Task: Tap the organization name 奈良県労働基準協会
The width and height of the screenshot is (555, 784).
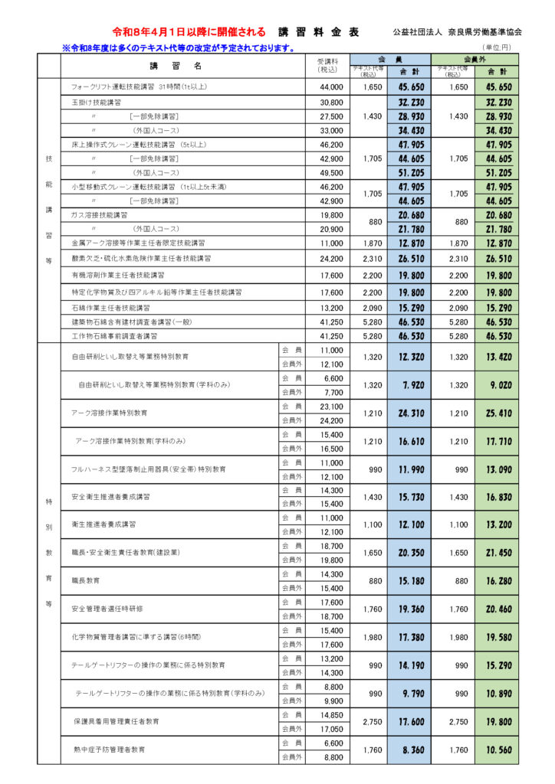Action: coord(458,33)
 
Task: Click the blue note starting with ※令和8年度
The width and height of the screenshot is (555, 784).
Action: coord(179,48)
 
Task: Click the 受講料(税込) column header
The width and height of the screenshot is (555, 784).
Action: coord(327,66)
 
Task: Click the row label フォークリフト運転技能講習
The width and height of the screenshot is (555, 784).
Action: coord(139,87)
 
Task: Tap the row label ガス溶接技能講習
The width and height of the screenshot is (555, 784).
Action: coord(100,215)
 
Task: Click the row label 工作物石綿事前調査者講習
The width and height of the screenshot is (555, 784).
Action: coord(114,335)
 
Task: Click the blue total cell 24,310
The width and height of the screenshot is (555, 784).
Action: coord(412,413)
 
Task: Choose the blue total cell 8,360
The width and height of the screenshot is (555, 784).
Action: coord(412,750)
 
